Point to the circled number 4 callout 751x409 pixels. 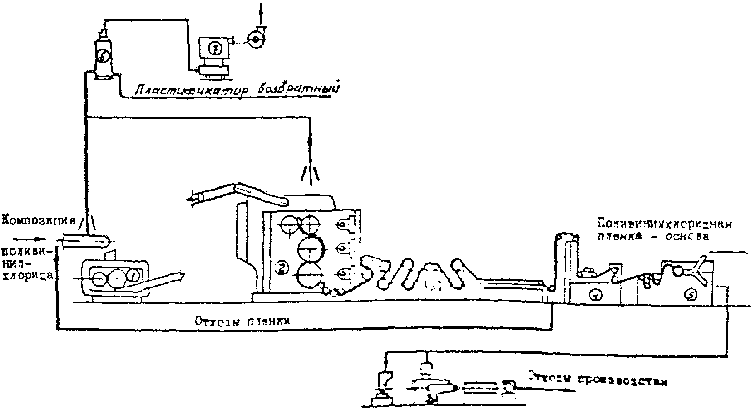point(595,295)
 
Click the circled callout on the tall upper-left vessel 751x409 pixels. point(104,55)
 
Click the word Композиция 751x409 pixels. point(38,221)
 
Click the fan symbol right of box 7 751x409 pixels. point(256,39)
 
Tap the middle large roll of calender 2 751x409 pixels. point(311,248)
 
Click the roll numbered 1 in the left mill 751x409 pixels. point(133,274)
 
